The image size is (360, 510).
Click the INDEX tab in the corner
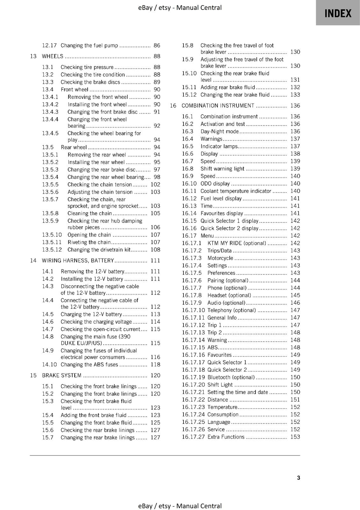(338, 13)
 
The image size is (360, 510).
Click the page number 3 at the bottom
(298, 477)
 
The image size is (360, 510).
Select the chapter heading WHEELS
(53, 56)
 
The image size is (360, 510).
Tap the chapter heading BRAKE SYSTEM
(61, 375)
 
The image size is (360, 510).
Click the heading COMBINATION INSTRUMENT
(218, 106)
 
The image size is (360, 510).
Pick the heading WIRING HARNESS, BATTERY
(78, 260)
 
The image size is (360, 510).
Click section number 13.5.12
(52, 250)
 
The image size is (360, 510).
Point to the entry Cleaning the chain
(90, 213)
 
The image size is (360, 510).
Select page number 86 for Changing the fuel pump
(157, 46)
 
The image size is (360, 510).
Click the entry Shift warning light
(222, 169)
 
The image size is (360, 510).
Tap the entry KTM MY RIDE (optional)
(236, 243)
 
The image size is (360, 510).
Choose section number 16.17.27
(193, 437)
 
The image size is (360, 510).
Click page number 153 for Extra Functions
(295, 437)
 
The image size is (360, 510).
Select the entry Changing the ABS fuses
(89, 364)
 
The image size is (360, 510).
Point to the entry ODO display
(215, 184)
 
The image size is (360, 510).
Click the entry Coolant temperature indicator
(236, 191)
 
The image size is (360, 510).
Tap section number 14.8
(48, 337)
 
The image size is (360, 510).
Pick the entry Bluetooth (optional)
(231, 377)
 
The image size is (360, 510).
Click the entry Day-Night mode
(220, 131)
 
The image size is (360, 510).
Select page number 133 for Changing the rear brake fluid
(295, 95)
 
